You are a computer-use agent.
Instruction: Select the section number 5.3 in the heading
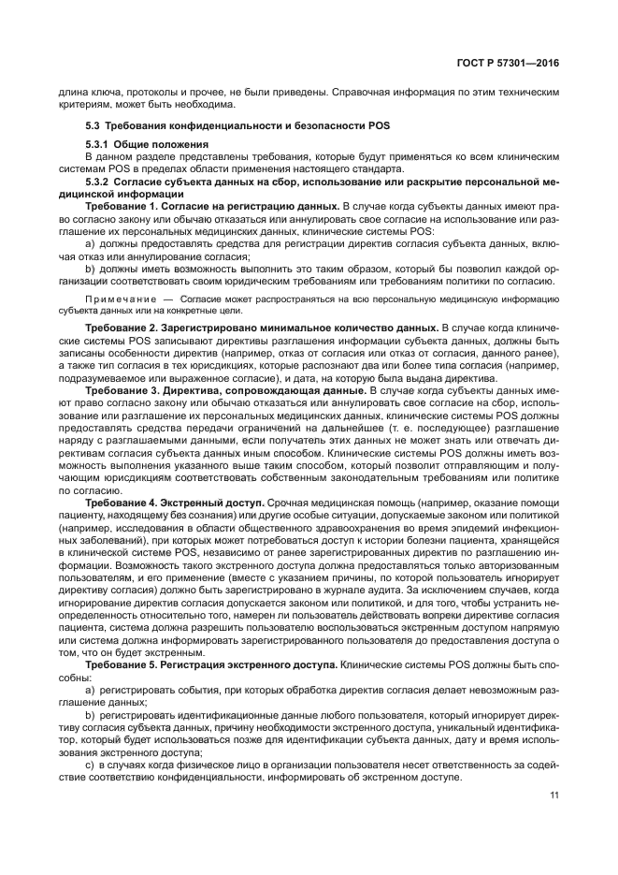coord(93,125)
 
